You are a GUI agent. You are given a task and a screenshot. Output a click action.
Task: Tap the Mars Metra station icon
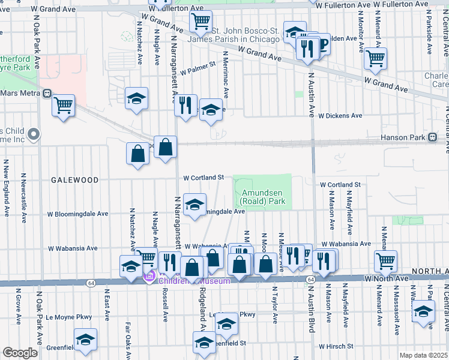tap(47, 94)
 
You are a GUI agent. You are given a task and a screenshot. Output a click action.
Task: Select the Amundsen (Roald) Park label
tap(262, 197)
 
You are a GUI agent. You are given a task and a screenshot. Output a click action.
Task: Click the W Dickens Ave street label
tap(340, 115)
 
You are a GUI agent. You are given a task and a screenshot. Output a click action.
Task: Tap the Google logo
tap(20, 353)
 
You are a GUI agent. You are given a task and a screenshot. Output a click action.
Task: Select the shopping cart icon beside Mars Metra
tap(63, 106)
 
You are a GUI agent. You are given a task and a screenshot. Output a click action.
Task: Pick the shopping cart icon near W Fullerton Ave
tap(200, 22)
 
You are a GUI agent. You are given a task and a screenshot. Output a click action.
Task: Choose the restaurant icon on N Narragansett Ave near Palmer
tap(185, 106)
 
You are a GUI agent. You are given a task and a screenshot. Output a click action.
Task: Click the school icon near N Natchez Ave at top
tap(136, 98)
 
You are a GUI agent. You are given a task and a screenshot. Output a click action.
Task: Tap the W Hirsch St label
tap(341, 346)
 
